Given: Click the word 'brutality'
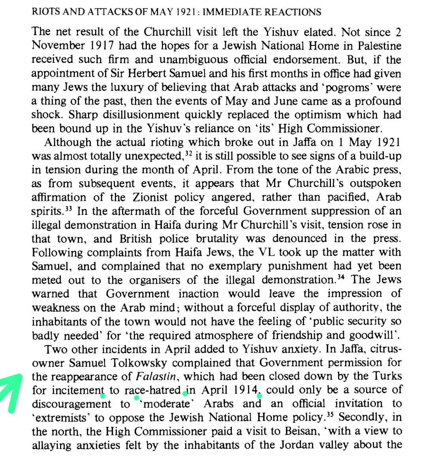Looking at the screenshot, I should click(217, 239).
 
